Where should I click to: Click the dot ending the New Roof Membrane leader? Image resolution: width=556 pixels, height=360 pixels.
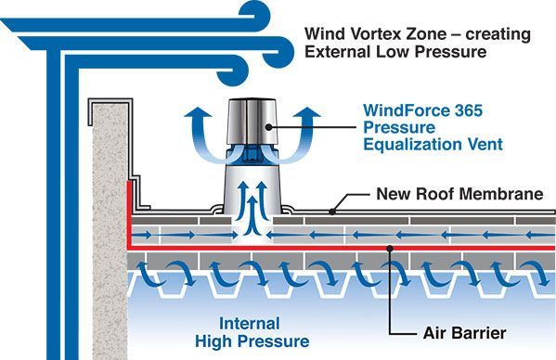[x=335, y=212]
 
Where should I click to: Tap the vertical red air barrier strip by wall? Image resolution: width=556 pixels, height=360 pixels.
[x=130, y=213]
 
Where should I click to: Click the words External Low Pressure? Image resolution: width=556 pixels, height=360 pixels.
[x=395, y=53]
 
